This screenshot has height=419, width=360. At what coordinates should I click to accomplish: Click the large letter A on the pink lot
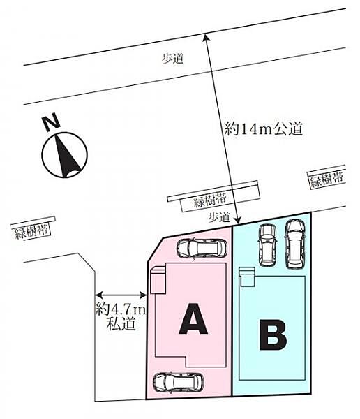(x=193, y=318)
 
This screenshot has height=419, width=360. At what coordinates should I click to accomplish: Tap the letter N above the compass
(x=52, y=122)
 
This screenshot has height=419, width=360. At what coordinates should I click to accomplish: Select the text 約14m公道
(x=264, y=128)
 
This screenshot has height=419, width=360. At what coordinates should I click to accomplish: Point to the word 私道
(x=121, y=324)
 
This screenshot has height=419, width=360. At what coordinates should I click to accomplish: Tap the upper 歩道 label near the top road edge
(x=173, y=58)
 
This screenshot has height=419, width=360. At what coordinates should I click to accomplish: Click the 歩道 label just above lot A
(x=219, y=217)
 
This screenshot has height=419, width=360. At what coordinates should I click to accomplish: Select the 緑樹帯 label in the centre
(x=210, y=200)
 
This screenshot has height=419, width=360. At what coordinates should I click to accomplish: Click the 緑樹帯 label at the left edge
(x=32, y=231)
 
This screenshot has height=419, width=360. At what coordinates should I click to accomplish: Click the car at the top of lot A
(x=202, y=248)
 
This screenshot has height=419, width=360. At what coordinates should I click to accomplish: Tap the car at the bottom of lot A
(x=178, y=383)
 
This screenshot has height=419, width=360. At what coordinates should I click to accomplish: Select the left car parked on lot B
(x=267, y=245)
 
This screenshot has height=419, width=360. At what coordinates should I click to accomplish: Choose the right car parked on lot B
(x=295, y=244)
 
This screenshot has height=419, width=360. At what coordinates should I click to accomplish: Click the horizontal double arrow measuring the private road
(x=121, y=295)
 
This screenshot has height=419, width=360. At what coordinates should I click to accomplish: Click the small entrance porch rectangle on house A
(x=158, y=280)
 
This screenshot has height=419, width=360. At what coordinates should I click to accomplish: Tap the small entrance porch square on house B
(x=247, y=277)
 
